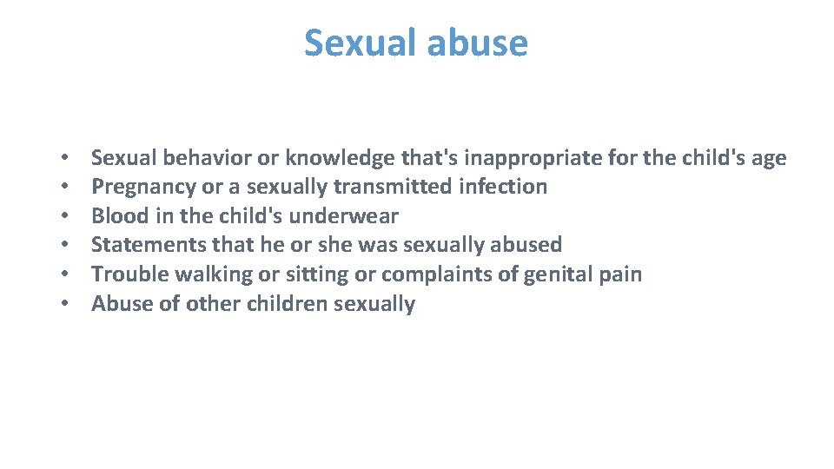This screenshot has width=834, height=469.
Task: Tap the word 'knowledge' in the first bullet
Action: [340, 158]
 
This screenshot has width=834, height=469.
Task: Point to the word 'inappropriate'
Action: [519, 158]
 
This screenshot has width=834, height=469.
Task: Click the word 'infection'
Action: [506, 187]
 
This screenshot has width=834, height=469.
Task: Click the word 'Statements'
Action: [149, 245]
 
